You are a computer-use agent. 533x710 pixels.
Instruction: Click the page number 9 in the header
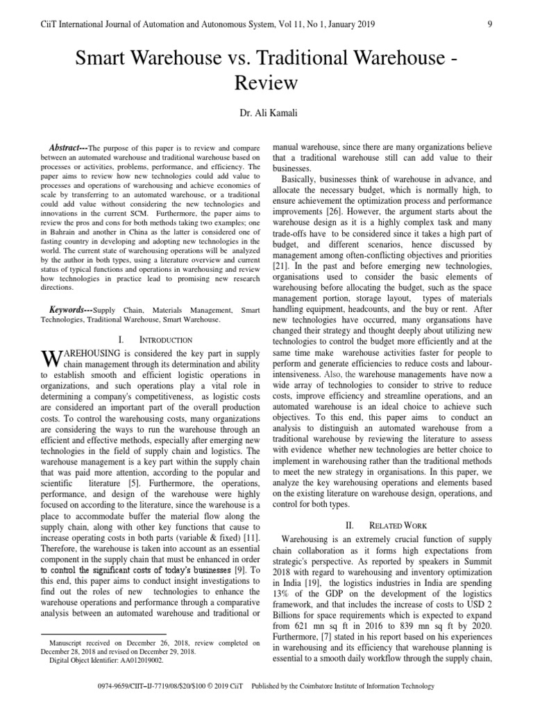490,24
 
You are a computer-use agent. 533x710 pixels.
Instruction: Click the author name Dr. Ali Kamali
266,113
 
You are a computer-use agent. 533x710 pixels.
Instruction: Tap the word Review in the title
266,83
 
